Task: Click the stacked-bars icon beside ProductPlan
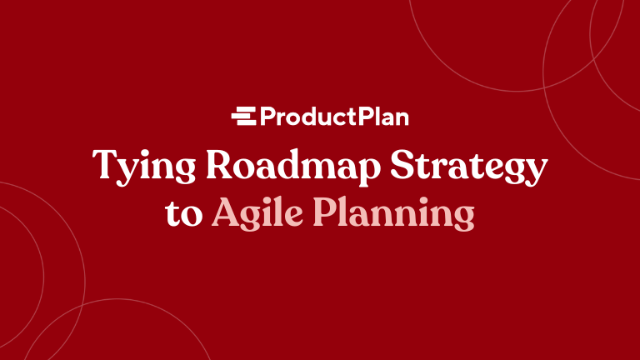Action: tap(242, 117)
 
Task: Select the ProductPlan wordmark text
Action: tap(333, 117)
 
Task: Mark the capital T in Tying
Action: tap(105, 164)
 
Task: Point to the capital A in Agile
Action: tap(227, 212)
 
